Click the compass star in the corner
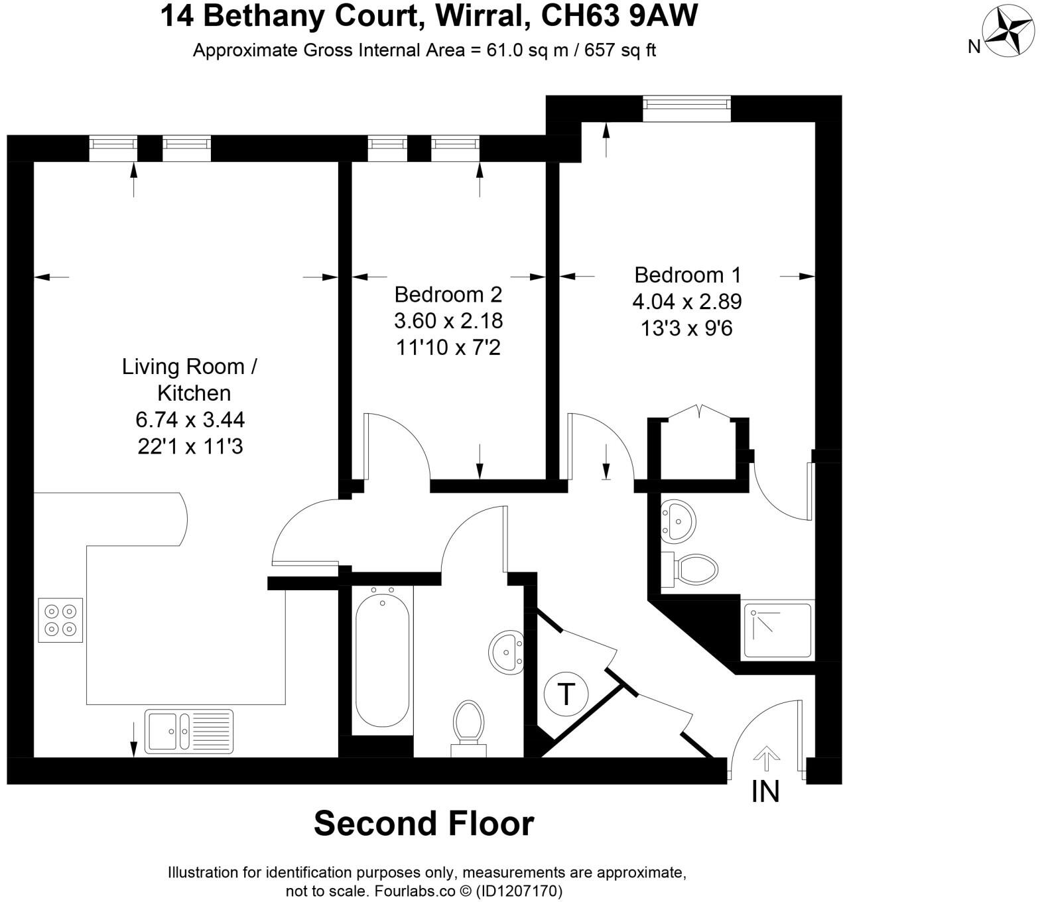point(1008,31)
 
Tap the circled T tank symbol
point(566,694)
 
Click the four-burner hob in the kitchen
point(60,619)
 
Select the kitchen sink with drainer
point(190,731)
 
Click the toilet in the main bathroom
point(468,727)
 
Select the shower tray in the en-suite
point(778,630)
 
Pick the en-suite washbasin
point(677,519)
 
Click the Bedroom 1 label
point(687,275)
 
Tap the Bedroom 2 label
point(448,294)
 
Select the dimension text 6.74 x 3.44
point(190,420)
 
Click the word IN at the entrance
point(765,792)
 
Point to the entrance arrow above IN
point(767,758)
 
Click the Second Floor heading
point(424,823)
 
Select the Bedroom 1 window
point(686,108)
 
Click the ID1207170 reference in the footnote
point(519,891)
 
